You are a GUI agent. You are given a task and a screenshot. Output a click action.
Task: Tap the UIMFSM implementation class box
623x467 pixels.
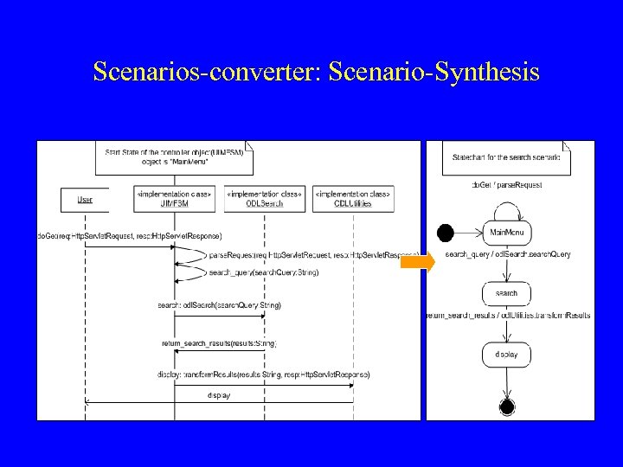click(x=174, y=200)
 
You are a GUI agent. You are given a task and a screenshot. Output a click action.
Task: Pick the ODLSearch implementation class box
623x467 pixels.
click(x=263, y=200)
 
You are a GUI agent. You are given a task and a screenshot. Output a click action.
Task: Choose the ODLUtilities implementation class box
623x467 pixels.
click(x=353, y=200)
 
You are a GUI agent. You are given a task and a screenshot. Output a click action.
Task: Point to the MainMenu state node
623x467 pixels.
click(x=507, y=232)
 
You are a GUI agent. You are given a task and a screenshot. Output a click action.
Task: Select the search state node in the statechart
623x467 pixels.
click(x=507, y=293)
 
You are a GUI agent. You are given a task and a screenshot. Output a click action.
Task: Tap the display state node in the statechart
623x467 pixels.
click(x=507, y=354)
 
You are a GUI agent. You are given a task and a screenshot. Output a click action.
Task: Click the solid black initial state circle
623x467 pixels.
click(x=446, y=232)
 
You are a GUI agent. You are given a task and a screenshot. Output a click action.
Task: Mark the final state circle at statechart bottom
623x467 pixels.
click(x=507, y=406)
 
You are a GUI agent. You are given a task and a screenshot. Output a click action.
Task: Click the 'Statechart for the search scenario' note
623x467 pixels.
click(x=506, y=158)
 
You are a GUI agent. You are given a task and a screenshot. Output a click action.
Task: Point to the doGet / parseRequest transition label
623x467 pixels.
click(x=505, y=184)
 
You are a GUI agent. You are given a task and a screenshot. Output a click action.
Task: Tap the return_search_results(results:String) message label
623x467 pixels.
click(x=219, y=343)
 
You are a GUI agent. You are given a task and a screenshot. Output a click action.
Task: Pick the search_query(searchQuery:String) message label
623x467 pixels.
click(x=251, y=272)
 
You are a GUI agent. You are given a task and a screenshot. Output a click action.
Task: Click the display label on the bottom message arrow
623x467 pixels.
click(x=219, y=395)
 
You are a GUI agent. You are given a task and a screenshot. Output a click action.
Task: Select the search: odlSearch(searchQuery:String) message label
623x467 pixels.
click(x=219, y=304)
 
